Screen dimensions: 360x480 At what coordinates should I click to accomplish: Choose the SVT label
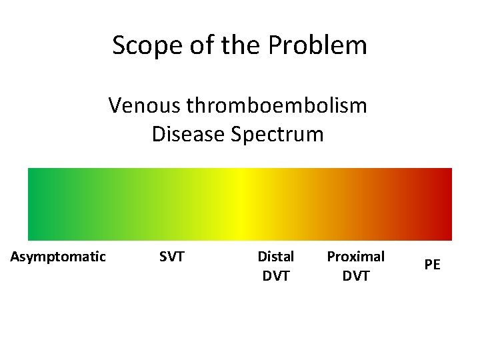click(x=172, y=256)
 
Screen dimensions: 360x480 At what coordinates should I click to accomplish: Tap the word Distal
click(x=275, y=256)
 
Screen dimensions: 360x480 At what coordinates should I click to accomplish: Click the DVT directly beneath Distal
click(x=275, y=275)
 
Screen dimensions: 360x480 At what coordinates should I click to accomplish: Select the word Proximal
click(x=355, y=256)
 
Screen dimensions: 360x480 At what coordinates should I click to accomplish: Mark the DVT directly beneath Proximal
click(x=355, y=275)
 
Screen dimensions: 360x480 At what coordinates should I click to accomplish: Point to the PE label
click(x=432, y=265)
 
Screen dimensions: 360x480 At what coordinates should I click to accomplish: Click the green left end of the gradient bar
click(x=40, y=204)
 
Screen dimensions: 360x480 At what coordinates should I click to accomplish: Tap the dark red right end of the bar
click(x=443, y=204)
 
